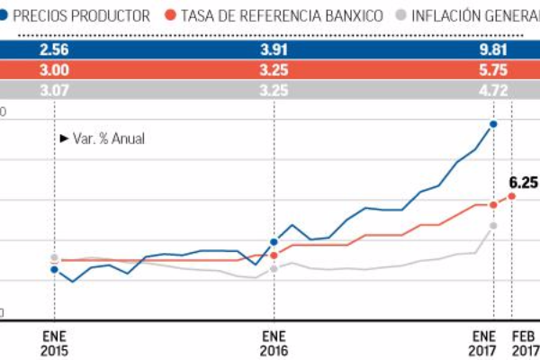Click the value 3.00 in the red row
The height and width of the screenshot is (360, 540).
pyautogui.click(x=55, y=71)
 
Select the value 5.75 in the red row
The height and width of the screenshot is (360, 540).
pyautogui.click(x=492, y=71)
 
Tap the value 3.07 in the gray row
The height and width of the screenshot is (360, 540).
pyautogui.click(x=55, y=91)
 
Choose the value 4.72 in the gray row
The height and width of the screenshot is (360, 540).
pyautogui.click(x=492, y=91)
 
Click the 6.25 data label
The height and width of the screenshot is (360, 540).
pyautogui.click(x=524, y=182)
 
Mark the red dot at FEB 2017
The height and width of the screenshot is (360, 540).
pyautogui.click(x=512, y=195)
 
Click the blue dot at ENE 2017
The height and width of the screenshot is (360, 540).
pyautogui.click(x=493, y=124)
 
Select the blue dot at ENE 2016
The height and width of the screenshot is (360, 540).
pyautogui.click(x=274, y=242)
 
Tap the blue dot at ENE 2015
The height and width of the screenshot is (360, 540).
pyautogui.click(x=55, y=269)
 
